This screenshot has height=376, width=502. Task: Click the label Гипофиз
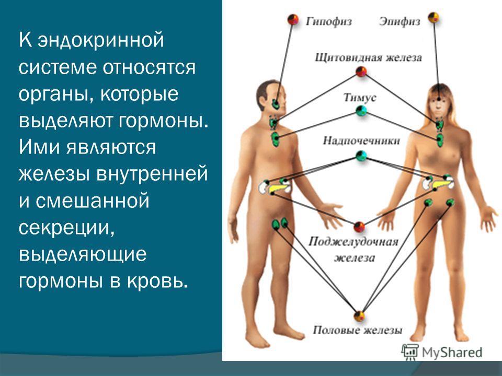[x=328, y=21]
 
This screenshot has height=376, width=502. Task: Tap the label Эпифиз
[x=400, y=21]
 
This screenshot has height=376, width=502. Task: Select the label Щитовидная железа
[x=368, y=58]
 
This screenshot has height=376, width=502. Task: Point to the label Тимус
[x=360, y=97]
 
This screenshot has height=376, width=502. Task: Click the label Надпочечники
[x=361, y=140]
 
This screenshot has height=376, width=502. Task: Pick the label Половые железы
[x=358, y=330]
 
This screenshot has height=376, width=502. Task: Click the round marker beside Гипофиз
[x=294, y=20]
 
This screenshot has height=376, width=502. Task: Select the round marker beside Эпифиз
[x=433, y=18]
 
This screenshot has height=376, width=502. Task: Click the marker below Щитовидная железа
[x=361, y=72]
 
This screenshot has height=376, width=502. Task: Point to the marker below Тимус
[x=360, y=111]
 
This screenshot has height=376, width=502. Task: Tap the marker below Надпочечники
[x=360, y=155]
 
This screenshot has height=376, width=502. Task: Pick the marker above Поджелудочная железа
[x=359, y=227]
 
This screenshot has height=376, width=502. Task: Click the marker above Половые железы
[x=359, y=315]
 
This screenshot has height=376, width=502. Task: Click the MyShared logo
[x=442, y=351]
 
